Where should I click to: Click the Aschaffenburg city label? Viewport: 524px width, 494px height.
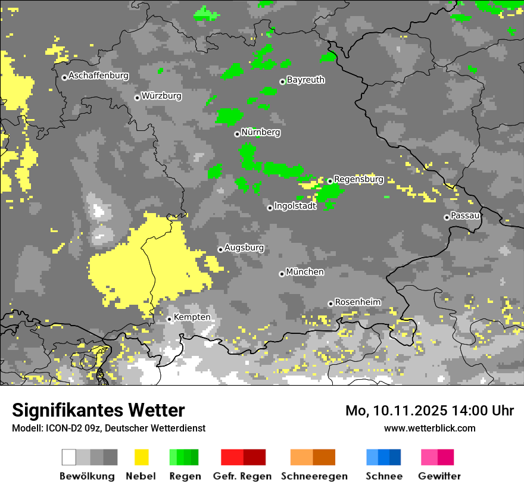pos(98,76)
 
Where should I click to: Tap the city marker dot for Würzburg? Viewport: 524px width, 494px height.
pos(137,98)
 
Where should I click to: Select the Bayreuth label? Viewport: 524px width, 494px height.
pos(305,80)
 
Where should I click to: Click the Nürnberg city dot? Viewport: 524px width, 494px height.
pos(237,134)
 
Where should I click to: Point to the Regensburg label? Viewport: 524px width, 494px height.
pos(358,179)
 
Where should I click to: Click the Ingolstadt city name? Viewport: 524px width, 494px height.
pos(295,207)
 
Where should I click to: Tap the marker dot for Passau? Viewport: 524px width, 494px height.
pos(447,217)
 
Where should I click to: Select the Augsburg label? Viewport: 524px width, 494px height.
pos(244,248)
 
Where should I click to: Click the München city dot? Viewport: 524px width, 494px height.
pos(282,274)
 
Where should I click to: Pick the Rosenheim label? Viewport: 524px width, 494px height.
pos(357,302)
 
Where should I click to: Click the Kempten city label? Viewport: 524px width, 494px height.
pos(192,317)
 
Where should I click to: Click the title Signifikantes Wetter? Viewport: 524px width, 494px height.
pos(98,410)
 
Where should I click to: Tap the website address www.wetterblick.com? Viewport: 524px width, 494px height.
pos(429,428)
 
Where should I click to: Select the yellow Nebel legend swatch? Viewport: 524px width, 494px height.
pos(141,457)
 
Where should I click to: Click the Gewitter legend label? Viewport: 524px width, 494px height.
pos(439,476)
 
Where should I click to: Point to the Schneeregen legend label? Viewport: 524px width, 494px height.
pos(314,476)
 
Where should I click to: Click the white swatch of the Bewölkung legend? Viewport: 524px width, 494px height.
pos(69,457)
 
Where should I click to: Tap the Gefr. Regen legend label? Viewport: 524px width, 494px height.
pos(242,476)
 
